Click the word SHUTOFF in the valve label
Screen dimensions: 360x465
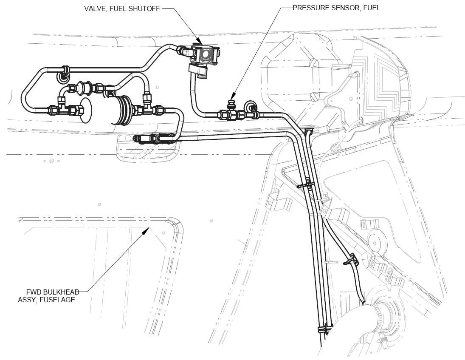145,8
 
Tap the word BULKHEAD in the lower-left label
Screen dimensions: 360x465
61,292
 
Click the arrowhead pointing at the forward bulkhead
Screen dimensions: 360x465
147,230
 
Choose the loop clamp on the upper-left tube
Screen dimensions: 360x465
64,75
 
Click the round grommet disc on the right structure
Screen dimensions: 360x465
375,241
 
